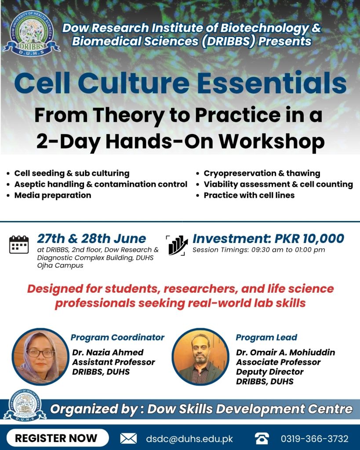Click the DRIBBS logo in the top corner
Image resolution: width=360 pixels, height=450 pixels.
pyautogui.click(x=31, y=33)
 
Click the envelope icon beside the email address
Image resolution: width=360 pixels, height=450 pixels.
pyautogui.click(x=128, y=439)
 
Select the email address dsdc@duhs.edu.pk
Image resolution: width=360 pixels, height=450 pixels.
pyautogui.click(x=189, y=439)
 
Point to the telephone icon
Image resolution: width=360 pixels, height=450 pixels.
pyautogui.click(x=262, y=439)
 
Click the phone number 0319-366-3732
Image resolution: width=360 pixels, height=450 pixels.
pyautogui.click(x=315, y=439)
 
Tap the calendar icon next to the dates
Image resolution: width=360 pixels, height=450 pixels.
pyautogui.click(x=19, y=244)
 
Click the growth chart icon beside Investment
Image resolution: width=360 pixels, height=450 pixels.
pyautogui.click(x=177, y=245)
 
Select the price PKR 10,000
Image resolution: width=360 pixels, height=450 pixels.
pyautogui.click(x=309, y=239)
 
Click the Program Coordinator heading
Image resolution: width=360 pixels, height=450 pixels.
pyautogui.click(x=117, y=337)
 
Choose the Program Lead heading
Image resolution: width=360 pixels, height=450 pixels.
pyautogui.click(x=266, y=337)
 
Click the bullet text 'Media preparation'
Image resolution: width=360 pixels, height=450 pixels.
pyautogui.click(x=53, y=195)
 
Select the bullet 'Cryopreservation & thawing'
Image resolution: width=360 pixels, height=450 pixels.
pyautogui.click(x=262, y=173)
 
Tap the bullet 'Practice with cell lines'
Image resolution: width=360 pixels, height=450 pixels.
pyautogui.click(x=249, y=195)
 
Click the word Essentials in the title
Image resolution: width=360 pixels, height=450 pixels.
pyautogui.click(x=272, y=83)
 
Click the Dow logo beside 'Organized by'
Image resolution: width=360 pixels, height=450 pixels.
pyautogui.click(x=25, y=405)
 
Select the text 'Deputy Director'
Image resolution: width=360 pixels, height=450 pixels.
pyautogui.click(x=269, y=372)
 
